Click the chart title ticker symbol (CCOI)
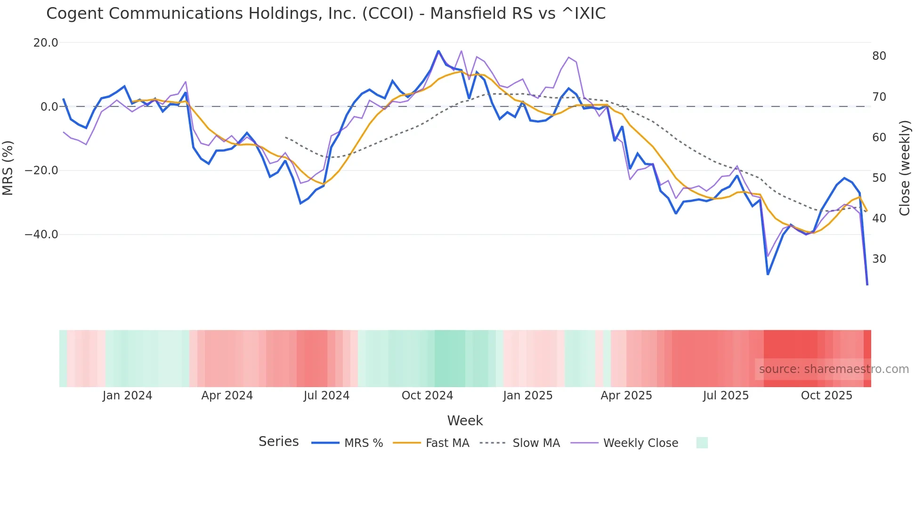tap(388, 14)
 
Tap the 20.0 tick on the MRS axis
tap(46, 43)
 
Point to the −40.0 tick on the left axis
tap(41, 235)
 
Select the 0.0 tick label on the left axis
tap(49, 107)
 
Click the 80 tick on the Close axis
tap(879, 56)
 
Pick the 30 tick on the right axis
tap(879, 259)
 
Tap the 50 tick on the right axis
tap(879, 178)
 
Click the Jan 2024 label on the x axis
tap(127, 396)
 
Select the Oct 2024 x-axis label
tap(427, 396)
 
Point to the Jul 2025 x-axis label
tap(726, 396)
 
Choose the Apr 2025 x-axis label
tap(626, 396)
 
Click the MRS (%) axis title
tap(8, 168)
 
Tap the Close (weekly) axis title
tap(905, 168)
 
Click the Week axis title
tap(465, 421)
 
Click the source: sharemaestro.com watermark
tap(834, 369)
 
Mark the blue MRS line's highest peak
tap(438, 51)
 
